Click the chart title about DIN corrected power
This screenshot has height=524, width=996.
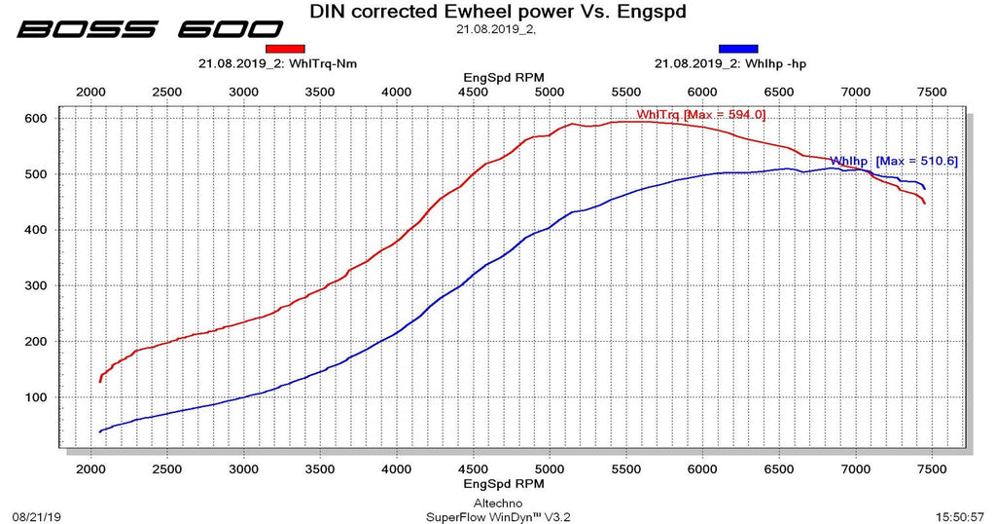click(497, 12)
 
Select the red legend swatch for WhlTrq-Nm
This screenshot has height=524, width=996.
click(285, 48)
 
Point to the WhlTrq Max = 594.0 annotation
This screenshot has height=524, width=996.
click(700, 115)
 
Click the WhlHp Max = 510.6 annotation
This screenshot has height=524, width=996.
click(893, 161)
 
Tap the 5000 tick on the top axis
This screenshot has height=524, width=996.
click(550, 92)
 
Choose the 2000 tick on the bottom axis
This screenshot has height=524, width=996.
click(90, 468)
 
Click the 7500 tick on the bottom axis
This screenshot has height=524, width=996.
click(932, 468)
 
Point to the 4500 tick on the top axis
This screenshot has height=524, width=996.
click(473, 92)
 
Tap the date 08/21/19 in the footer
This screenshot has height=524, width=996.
click(35, 516)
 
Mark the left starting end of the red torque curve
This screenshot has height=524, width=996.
click(99, 381)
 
